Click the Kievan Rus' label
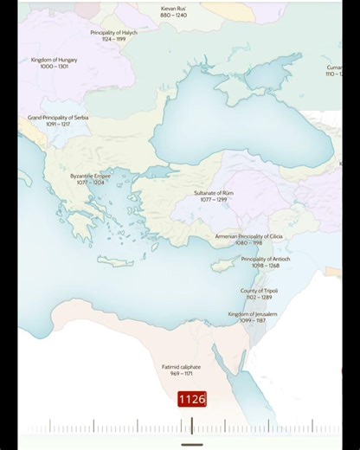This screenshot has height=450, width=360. point(173,9)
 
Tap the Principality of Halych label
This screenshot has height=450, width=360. point(113,33)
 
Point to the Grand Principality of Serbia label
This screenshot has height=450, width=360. point(58,118)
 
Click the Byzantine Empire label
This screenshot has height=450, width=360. point(90,176)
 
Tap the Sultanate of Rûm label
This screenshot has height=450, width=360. point(213,193)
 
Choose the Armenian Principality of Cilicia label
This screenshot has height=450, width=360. point(248,236)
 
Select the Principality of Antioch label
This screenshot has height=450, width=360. point(266,259)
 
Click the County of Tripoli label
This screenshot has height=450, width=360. point(260,291)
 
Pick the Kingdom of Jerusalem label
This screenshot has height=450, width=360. point(253,314)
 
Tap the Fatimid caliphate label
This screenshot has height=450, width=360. point(181,367)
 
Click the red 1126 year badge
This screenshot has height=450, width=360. point(192,399)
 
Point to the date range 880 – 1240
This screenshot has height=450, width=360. point(173,16)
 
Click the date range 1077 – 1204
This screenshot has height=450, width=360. point(90,183)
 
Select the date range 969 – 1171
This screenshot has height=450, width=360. point(181,374)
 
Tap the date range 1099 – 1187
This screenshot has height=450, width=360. point(253,321)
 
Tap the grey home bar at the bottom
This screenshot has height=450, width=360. point(191,445)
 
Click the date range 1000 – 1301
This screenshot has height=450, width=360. point(55,66)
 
